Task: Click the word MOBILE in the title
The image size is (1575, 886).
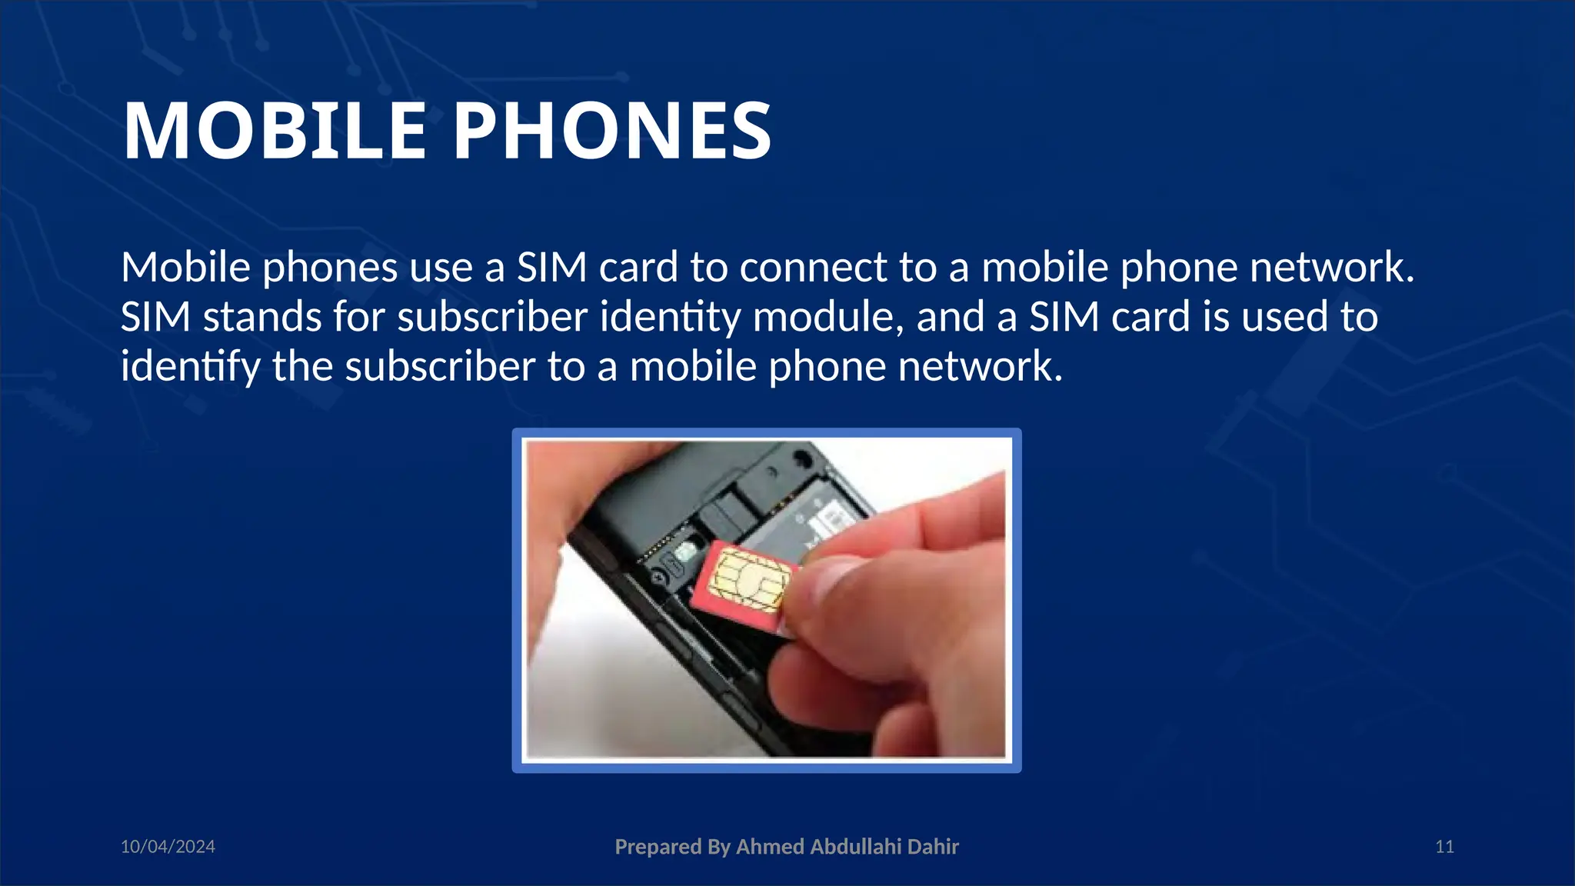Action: pyautogui.click(x=275, y=132)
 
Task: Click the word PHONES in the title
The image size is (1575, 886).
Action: pyautogui.click(x=612, y=132)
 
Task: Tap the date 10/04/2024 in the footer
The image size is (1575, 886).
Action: pyautogui.click(x=168, y=847)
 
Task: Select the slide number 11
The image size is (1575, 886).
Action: pyautogui.click(x=1444, y=847)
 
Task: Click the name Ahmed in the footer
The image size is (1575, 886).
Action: pyautogui.click(x=770, y=847)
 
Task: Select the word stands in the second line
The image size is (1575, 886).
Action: pyautogui.click(x=261, y=317)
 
